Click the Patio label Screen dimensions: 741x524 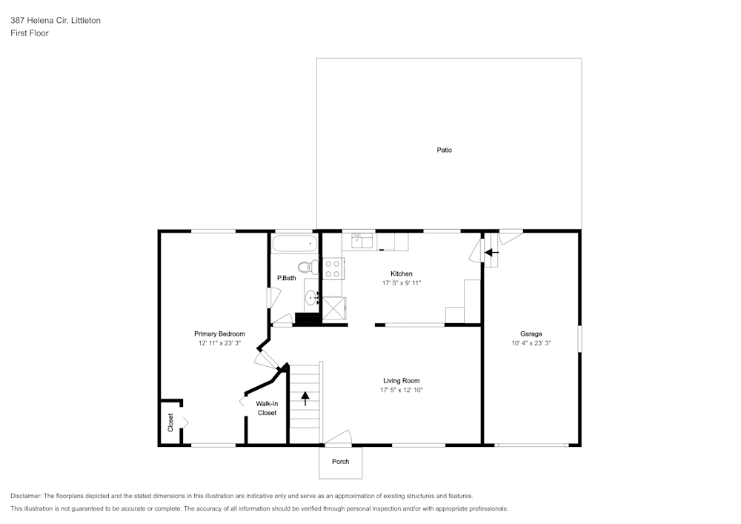pos(444,150)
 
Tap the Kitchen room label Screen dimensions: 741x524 pos(401,273)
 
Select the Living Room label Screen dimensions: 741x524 pos(401,380)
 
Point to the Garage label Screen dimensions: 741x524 pos(531,334)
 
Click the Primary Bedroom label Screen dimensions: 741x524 pos(219,334)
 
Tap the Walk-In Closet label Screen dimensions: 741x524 pos(267,408)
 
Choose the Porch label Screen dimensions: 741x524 pos(340,462)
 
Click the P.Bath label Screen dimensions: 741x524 pos(286,278)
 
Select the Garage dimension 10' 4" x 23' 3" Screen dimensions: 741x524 pos(531,343)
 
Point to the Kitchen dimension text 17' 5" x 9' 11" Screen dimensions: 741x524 pos(401,283)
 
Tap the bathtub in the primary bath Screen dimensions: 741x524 pos(294,244)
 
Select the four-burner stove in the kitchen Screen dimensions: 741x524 pos(333,268)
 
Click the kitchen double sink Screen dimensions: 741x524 pos(362,241)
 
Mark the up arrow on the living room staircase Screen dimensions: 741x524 pos(305,398)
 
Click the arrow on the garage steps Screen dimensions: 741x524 pos(491,252)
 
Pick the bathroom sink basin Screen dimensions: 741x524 pos(311,298)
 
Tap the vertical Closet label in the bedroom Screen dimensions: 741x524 pos(170,422)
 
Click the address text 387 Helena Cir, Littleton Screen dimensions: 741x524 pos(56,20)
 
